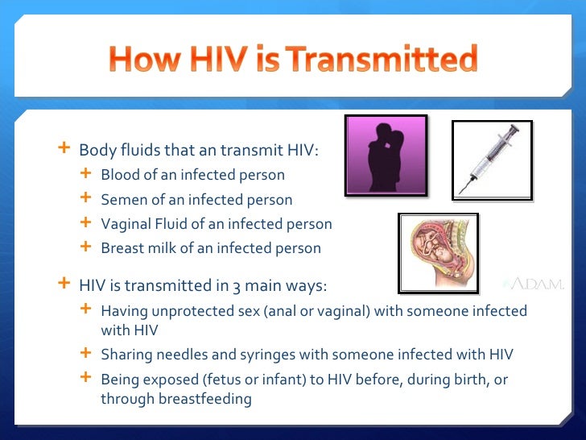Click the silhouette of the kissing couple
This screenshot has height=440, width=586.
[385, 156]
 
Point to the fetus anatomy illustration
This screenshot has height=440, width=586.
[438, 252]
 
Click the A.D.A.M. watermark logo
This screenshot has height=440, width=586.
[534, 284]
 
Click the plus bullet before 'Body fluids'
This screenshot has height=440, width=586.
[64, 150]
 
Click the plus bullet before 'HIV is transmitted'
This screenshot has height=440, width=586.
[64, 284]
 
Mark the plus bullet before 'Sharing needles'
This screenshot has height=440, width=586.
[86, 353]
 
